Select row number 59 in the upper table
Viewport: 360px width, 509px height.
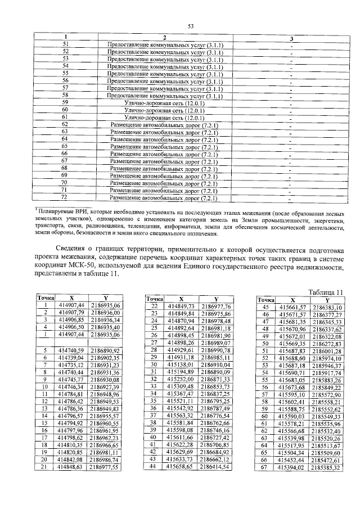[x=65, y=103]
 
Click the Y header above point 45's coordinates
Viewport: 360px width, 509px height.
[x=326, y=300]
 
